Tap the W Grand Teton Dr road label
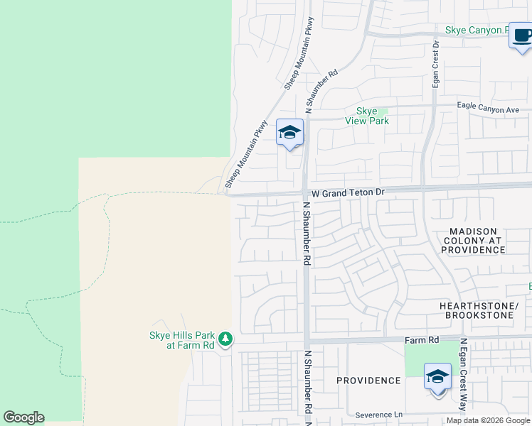(x=348, y=192)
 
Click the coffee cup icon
(x=521, y=36)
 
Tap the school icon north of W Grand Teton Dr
(x=289, y=132)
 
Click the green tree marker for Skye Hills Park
(x=225, y=339)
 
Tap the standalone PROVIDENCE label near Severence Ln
(x=368, y=381)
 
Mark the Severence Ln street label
(x=379, y=415)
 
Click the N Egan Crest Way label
(x=463, y=374)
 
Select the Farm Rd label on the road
(x=422, y=340)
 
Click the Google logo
(x=23, y=417)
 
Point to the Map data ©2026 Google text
(x=488, y=420)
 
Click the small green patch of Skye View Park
(x=383, y=111)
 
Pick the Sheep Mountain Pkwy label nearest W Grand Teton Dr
(x=246, y=154)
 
